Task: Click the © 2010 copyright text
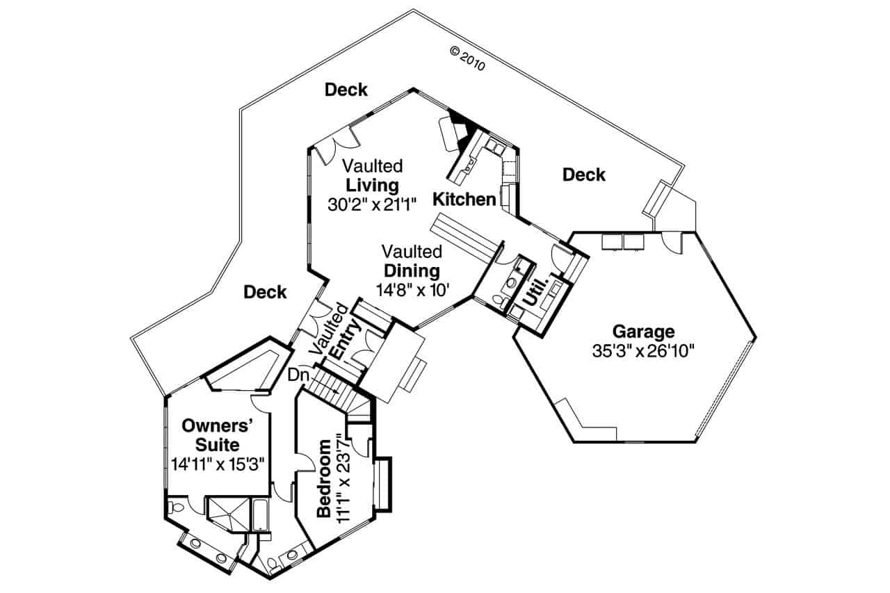(x=467, y=60)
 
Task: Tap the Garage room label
(x=642, y=332)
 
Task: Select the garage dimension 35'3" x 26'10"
(x=643, y=350)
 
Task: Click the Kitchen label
(x=464, y=200)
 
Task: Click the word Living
(x=372, y=186)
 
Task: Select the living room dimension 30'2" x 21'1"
(x=372, y=204)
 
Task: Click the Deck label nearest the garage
(x=583, y=175)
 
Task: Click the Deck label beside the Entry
(x=265, y=293)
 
